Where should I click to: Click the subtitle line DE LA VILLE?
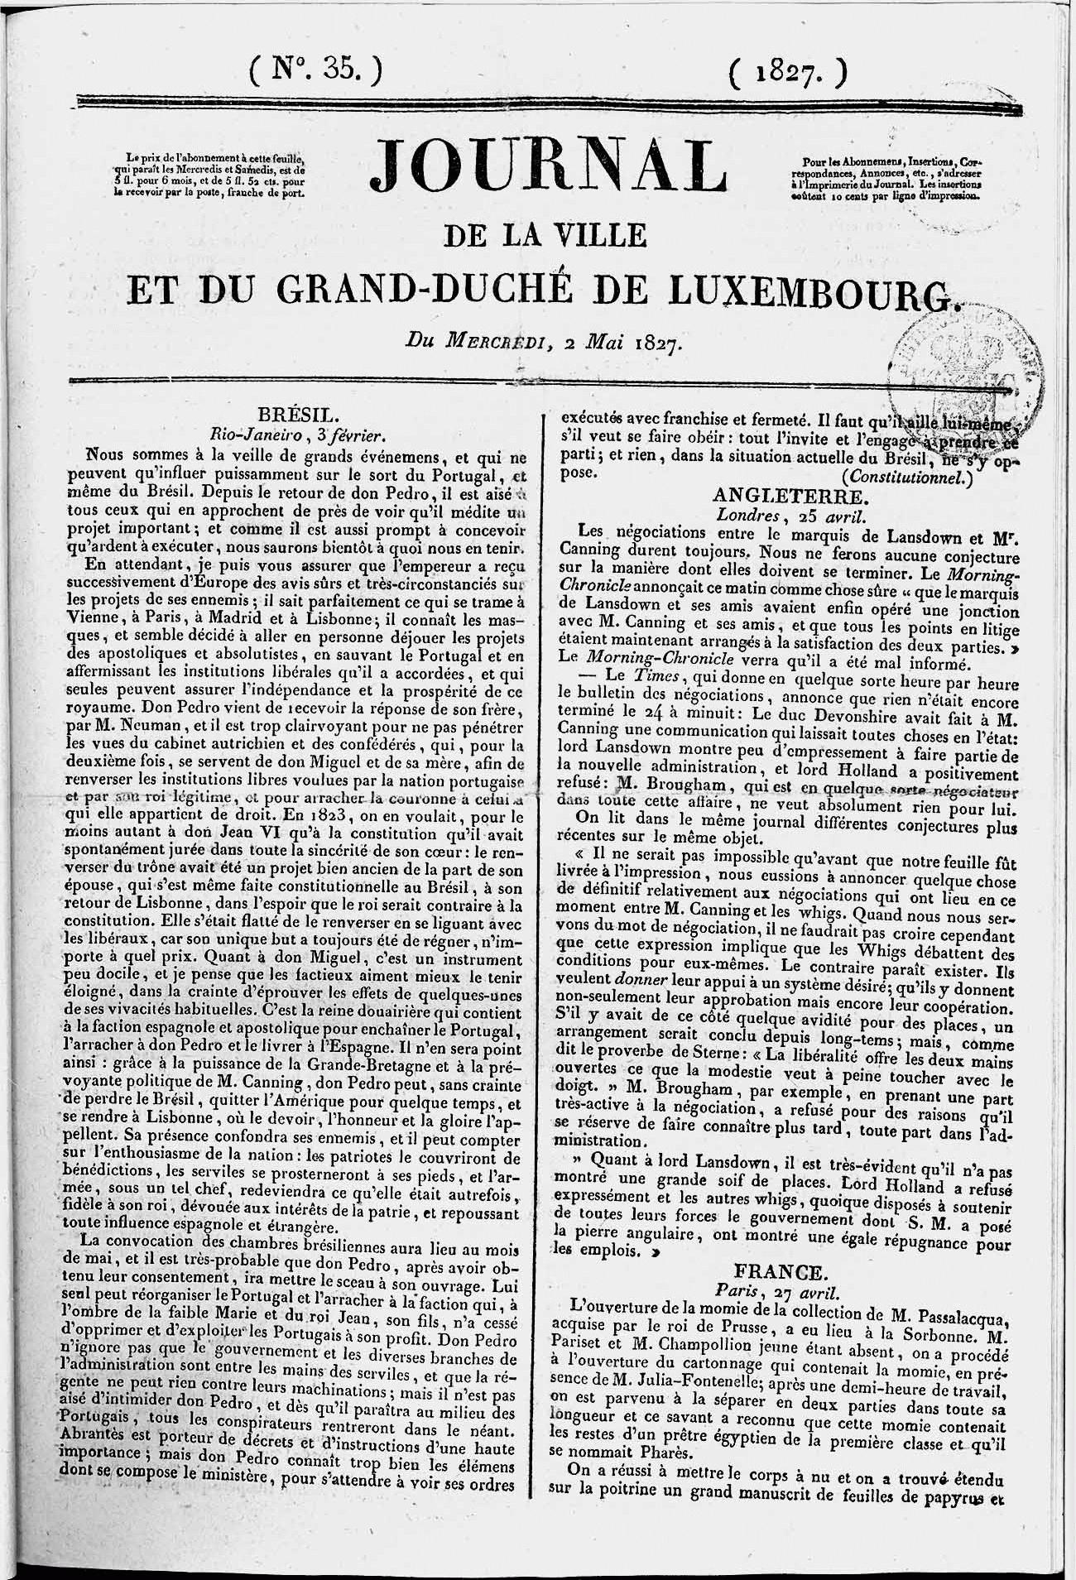548,235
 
